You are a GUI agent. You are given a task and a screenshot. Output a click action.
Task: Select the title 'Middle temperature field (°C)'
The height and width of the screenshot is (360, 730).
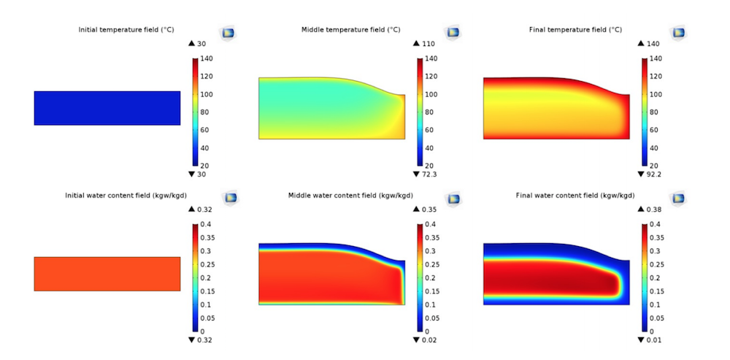click(350, 30)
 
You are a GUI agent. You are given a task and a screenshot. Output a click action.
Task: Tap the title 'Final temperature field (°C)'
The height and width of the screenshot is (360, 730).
click(575, 30)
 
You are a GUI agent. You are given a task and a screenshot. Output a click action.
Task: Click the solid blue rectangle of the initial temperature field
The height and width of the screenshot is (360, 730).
click(107, 108)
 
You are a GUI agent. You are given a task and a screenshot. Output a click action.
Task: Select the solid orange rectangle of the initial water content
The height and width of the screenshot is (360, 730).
click(107, 274)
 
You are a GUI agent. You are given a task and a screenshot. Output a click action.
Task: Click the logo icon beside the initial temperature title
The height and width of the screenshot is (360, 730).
click(228, 33)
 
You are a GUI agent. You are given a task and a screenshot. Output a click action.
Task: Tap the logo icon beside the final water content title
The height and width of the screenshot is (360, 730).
click(678, 198)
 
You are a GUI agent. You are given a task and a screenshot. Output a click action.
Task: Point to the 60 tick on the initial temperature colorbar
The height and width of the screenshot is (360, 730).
click(206, 130)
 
